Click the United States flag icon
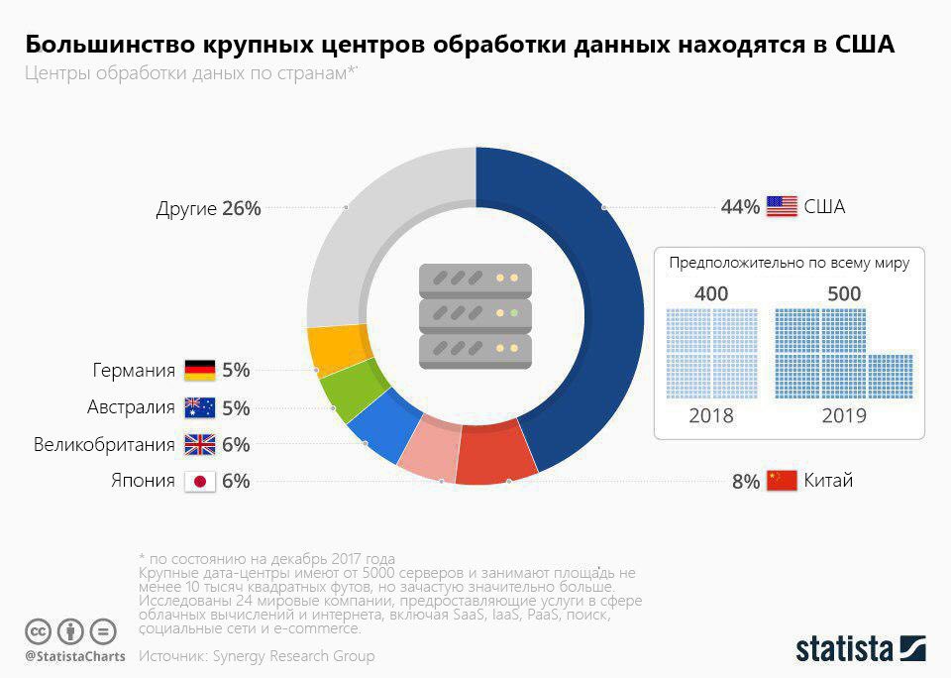pos(782,207)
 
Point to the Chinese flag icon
pos(782,482)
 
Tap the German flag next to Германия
pos(200,371)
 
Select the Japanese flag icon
pos(200,482)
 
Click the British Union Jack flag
pos(200,445)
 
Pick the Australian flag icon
pos(200,407)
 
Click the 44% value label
pos(740,207)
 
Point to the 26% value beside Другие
pos(242,208)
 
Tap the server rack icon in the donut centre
pos(475,316)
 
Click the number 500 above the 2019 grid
pos(844,293)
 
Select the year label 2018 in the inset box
pos(711,415)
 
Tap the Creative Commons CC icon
pos(39,630)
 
